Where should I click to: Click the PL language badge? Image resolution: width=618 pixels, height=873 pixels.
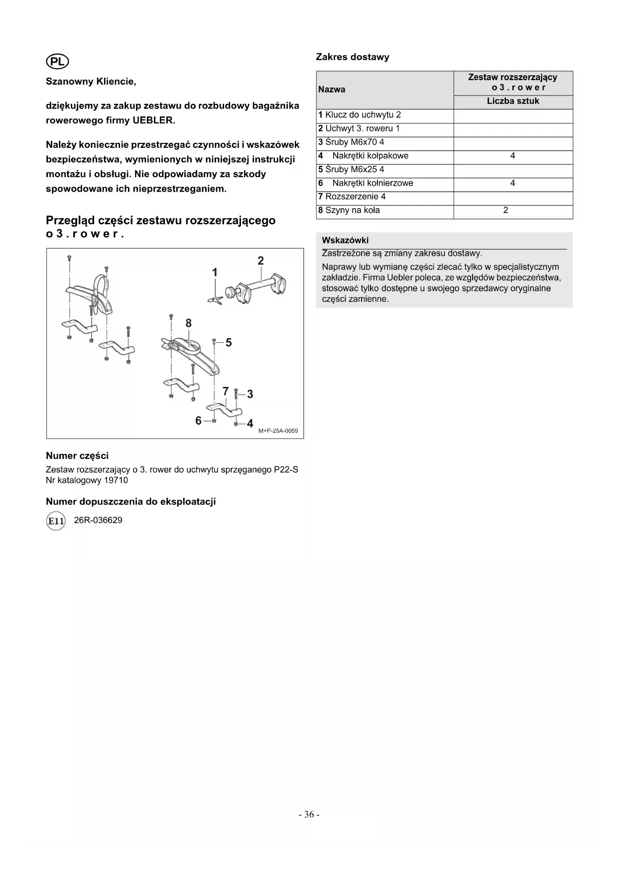point(57,61)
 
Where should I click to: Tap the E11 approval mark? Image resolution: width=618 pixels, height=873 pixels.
point(55,521)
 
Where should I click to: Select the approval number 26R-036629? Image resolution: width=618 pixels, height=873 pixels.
point(98,520)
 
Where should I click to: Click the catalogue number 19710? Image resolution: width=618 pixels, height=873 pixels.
point(116,480)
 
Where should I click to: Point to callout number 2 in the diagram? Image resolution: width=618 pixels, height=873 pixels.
point(260,261)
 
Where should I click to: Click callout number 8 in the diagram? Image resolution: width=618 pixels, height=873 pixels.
point(188,324)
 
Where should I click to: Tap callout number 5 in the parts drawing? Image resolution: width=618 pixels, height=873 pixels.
point(229,342)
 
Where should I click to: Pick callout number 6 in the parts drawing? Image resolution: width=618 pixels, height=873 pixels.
point(198,421)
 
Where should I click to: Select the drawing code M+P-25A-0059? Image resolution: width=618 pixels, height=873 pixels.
point(278,431)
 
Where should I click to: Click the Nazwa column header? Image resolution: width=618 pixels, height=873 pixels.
point(332,90)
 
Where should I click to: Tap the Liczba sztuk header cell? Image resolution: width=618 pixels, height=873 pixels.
point(513,101)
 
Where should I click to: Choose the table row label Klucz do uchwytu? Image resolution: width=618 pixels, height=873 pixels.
point(360,115)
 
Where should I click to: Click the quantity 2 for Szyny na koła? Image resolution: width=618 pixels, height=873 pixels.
point(506,210)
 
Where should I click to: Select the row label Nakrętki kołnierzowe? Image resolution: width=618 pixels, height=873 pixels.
point(372,183)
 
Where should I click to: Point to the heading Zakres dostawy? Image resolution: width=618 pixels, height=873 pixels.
point(353,57)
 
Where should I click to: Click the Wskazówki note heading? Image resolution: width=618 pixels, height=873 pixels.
point(345,240)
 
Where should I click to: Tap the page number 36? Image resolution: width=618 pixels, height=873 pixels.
point(309,814)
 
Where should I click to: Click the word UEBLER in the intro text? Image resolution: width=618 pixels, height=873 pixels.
point(154,120)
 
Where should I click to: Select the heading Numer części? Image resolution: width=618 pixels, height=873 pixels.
point(77,455)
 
